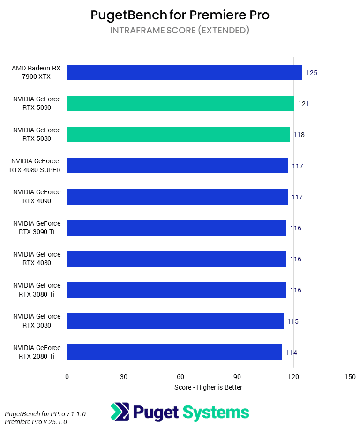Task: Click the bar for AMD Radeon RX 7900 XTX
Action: [x=184, y=72]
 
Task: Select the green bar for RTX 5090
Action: [x=180, y=103]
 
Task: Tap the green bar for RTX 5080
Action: [x=178, y=134]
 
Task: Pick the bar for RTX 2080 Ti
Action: [x=174, y=352]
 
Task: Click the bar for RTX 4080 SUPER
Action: [x=177, y=166]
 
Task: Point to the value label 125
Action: [x=312, y=73]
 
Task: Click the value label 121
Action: [x=303, y=104]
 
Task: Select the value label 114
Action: [x=292, y=352]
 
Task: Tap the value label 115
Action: [x=293, y=321]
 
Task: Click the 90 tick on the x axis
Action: [x=237, y=377]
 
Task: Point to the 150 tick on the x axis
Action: [x=350, y=377]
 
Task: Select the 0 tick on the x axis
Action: [x=67, y=377]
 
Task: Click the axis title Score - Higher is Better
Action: [x=208, y=387]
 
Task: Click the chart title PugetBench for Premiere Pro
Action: [x=180, y=15]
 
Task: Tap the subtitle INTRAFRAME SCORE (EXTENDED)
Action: [x=180, y=31]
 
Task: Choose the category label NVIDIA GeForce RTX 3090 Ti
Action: [x=37, y=228]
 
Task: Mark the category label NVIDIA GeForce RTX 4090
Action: [x=37, y=197]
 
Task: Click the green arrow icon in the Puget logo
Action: [x=120, y=412]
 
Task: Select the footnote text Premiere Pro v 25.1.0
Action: [x=36, y=422]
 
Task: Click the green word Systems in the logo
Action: [x=216, y=413]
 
